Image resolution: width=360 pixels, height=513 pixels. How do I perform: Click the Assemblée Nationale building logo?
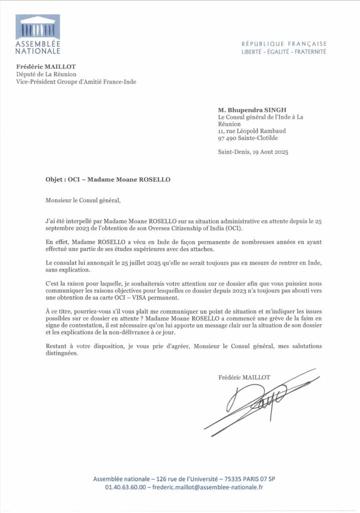38,27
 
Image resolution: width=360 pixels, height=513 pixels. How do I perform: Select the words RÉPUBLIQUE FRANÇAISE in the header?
283,44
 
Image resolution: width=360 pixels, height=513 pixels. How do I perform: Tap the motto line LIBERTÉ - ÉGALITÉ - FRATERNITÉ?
283,52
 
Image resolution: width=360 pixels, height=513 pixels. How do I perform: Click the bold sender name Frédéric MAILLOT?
43,67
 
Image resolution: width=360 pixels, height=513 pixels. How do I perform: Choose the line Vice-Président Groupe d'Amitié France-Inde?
76,82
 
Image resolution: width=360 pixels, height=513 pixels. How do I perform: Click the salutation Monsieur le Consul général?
83,201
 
